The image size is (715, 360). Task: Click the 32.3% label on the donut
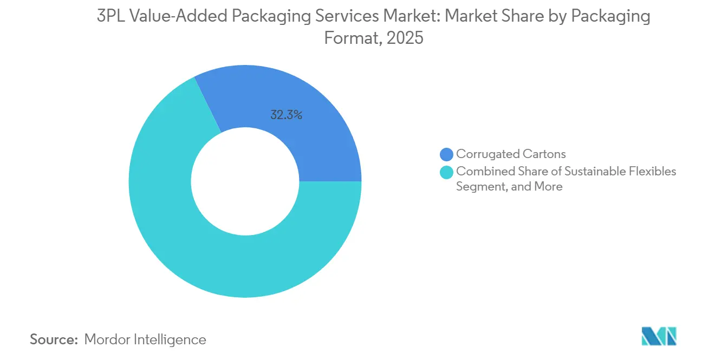[286, 115]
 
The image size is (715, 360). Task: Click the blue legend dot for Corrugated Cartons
[447, 154]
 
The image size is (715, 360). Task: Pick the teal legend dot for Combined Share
[447, 172]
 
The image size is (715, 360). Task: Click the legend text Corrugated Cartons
[511, 154]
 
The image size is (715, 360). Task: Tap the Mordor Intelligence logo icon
[659, 336]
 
